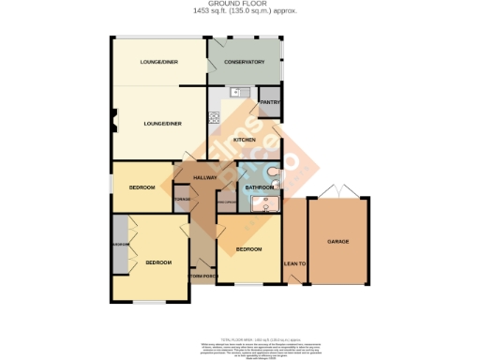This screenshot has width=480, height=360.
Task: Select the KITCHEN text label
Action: coord(245,140)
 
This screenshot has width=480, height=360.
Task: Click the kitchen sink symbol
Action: coord(237,92)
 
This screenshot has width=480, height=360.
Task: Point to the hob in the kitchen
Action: coord(215,118)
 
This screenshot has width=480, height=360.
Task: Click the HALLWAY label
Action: coord(204,177)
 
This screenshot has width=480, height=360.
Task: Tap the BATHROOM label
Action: coord(258,187)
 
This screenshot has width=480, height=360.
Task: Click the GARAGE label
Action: coord(338,242)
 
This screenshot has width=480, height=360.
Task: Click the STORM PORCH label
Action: coord(202,276)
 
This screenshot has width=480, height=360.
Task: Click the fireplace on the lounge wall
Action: coord(112,122)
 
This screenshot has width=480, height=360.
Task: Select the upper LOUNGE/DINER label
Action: coord(158,62)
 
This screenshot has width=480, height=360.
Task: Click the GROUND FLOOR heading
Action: coord(239,5)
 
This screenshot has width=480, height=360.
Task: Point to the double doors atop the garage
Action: coord(338,191)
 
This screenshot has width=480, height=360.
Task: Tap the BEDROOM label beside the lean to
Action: coord(248,249)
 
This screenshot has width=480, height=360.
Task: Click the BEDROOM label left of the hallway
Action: coord(141,187)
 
